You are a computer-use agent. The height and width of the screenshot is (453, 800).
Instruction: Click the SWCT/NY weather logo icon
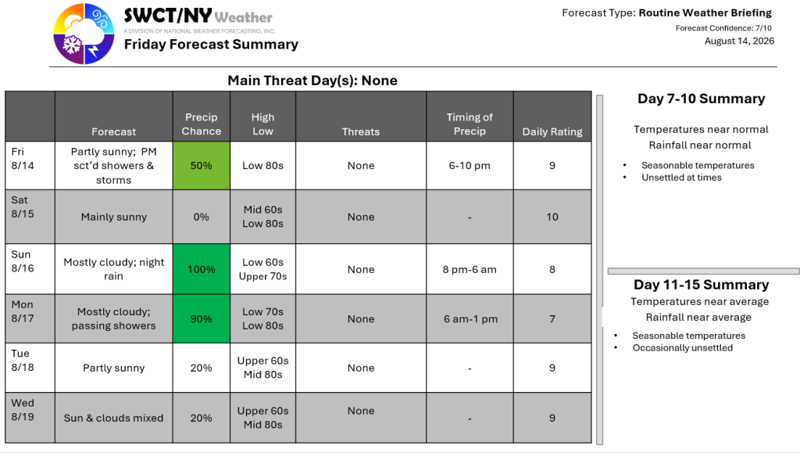click(84, 34)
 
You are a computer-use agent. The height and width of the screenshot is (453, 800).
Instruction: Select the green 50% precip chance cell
click(202, 165)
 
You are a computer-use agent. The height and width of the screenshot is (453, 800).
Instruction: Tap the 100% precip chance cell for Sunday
click(202, 269)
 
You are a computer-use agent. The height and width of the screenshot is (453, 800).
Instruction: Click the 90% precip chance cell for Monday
click(202, 318)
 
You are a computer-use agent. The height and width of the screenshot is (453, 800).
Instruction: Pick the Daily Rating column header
click(552, 131)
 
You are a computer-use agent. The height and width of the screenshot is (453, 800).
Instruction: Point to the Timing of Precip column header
click(470, 124)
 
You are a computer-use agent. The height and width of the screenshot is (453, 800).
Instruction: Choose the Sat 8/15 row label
click(23, 207)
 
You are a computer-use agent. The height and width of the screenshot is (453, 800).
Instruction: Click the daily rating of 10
click(552, 217)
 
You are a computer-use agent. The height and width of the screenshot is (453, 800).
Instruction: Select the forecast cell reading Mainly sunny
click(114, 217)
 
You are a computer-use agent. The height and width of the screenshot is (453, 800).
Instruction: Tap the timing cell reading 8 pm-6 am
click(470, 270)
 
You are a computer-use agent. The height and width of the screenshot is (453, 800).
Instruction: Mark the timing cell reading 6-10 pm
click(470, 165)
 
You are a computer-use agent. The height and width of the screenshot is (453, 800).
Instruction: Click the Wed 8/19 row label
click(23, 410)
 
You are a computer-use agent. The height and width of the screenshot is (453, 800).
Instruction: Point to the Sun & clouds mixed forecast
click(114, 418)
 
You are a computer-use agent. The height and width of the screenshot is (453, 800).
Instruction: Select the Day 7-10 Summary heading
click(701, 99)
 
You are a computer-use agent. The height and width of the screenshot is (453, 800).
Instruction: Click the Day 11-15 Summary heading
click(701, 285)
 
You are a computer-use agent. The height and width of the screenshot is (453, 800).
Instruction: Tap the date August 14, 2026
click(739, 41)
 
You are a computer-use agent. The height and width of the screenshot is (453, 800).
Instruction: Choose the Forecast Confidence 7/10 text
click(723, 28)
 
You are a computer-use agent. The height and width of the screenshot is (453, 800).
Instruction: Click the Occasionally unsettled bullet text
click(683, 348)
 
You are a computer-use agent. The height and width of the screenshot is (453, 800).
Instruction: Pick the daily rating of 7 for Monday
click(552, 319)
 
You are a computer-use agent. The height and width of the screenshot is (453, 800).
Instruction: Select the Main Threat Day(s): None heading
click(312, 81)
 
